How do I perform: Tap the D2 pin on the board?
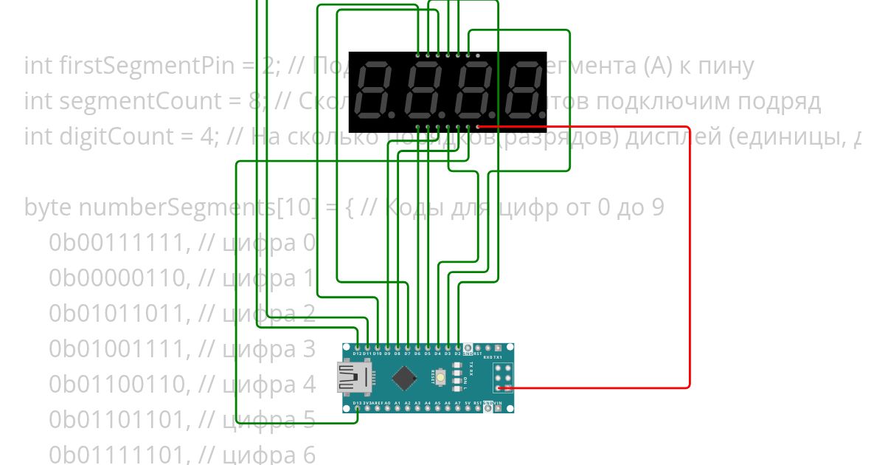(458, 346)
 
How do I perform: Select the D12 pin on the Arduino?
(357, 346)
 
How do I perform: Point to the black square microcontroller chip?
(403, 378)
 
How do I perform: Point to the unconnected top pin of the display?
(478, 55)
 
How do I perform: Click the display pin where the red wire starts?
(478, 127)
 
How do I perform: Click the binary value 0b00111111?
(117, 243)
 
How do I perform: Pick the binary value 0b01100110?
(117, 385)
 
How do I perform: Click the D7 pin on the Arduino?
(407, 346)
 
